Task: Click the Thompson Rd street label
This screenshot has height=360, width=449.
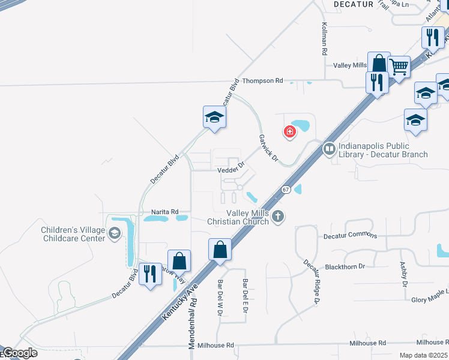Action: click(x=262, y=80)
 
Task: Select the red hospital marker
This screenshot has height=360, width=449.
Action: click(x=289, y=131)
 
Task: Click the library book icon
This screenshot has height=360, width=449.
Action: click(x=329, y=148)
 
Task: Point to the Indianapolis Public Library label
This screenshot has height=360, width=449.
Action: click(x=383, y=150)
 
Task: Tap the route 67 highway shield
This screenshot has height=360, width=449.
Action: click(x=286, y=190)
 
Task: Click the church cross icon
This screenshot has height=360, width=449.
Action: click(x=277, y=217)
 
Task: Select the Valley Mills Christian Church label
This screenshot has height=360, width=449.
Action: click(x=248, y=217)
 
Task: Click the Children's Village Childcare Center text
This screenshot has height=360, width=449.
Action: click(x=73, y=234)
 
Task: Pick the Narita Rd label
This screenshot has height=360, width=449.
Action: click(x=165, y=212)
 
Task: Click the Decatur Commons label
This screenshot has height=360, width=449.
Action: click(x=350, y=236)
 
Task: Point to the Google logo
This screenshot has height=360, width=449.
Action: click(x=19, y=353)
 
